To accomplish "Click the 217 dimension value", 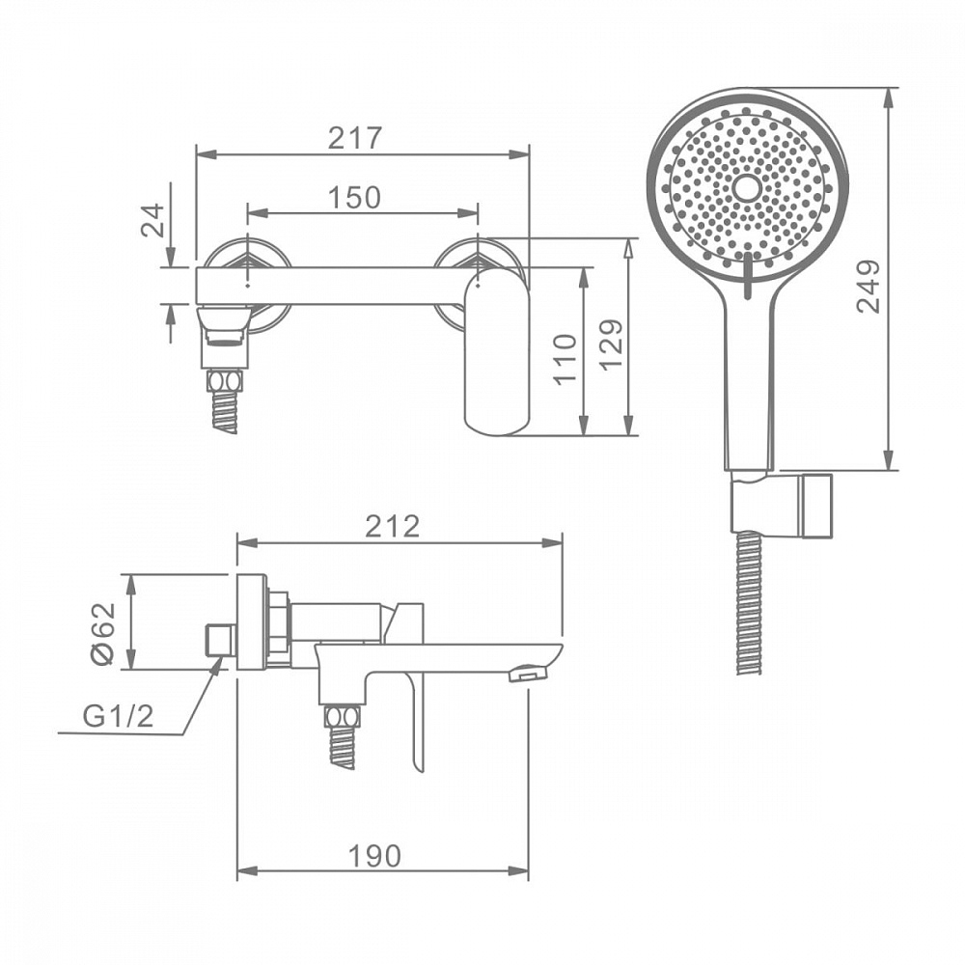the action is pyautogui.click(x=355, y=138).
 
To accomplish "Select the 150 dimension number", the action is pyautogui.click(x=354, y=198).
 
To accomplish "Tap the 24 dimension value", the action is pyautogui.click(x=153, y=220).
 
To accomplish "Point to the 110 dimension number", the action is pyautogui.click(x=565, y=360).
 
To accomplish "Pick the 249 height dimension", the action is pyautogui.click(x=869, y=287).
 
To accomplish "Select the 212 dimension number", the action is pyautogui.click(x=392, y=526).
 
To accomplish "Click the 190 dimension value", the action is pyautogui.click(x=374, y=856).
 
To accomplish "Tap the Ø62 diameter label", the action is pyautogui.click(x=103, y=633).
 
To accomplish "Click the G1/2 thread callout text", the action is pyautogui.click(x=118, y=716).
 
